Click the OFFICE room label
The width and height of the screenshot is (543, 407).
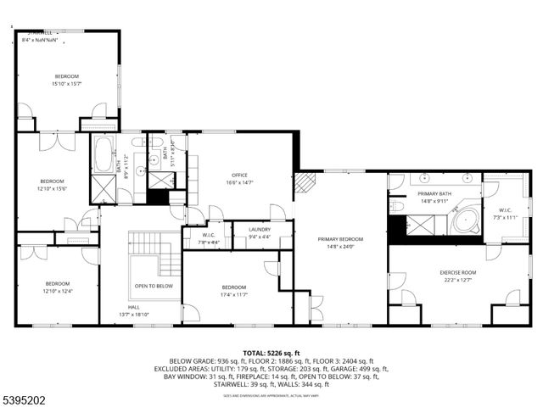[240, 176]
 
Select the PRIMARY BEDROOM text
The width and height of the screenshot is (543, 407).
[340, 240]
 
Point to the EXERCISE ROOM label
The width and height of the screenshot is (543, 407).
[457, 272]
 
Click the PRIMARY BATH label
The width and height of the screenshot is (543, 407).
[434, 194]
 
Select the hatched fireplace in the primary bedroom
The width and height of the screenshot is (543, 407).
[305, 181]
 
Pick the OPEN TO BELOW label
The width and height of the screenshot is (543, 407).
[154, 287]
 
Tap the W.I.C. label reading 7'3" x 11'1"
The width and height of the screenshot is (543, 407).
[505, 217]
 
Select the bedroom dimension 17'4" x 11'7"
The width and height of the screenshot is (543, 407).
[234, 294]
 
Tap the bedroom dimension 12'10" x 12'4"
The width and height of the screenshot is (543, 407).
[58, 291]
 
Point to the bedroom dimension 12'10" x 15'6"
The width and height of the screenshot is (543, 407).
[52, 188]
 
